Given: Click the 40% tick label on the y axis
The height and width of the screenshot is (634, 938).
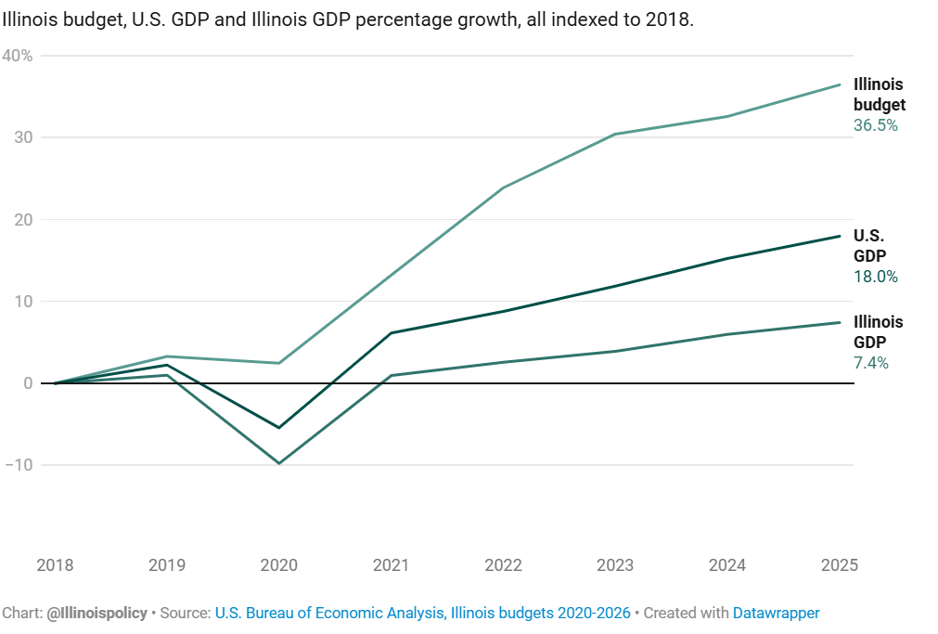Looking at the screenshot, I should tap(19, 56).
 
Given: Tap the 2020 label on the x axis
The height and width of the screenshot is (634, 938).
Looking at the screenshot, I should tap(278, 565).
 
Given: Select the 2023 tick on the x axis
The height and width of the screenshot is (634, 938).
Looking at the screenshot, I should tap(615, 565).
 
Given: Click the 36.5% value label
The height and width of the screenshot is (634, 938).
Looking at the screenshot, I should tap(876, 125).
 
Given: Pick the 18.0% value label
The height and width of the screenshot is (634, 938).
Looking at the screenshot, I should tap(876, 277).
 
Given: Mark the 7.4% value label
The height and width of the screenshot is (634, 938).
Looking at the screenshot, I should tap(871, 363).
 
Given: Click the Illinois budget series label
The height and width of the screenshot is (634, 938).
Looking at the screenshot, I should tap(879, 95).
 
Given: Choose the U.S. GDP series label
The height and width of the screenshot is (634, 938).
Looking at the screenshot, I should tap(870, 246).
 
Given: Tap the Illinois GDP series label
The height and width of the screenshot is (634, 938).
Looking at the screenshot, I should tap(878, 332).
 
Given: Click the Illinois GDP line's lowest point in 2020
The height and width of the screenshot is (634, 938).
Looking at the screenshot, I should tap(278, 463).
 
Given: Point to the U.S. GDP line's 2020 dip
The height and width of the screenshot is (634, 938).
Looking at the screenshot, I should tap(278, 428).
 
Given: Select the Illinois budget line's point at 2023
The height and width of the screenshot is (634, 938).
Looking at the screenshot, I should tap(615, 135).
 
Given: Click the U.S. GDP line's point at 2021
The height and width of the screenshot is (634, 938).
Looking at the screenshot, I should tap(391, 333).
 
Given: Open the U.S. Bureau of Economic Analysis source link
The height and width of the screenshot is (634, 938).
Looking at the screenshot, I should tap(422, 614).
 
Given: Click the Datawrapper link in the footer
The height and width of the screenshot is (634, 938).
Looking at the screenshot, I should tap(776, 614).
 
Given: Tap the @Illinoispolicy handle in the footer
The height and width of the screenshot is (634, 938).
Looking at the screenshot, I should tap(96, 614).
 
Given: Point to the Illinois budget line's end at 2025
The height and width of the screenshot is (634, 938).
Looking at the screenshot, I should tap(840, 84).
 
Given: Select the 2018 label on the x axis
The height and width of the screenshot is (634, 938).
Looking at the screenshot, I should tap(55, 565).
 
